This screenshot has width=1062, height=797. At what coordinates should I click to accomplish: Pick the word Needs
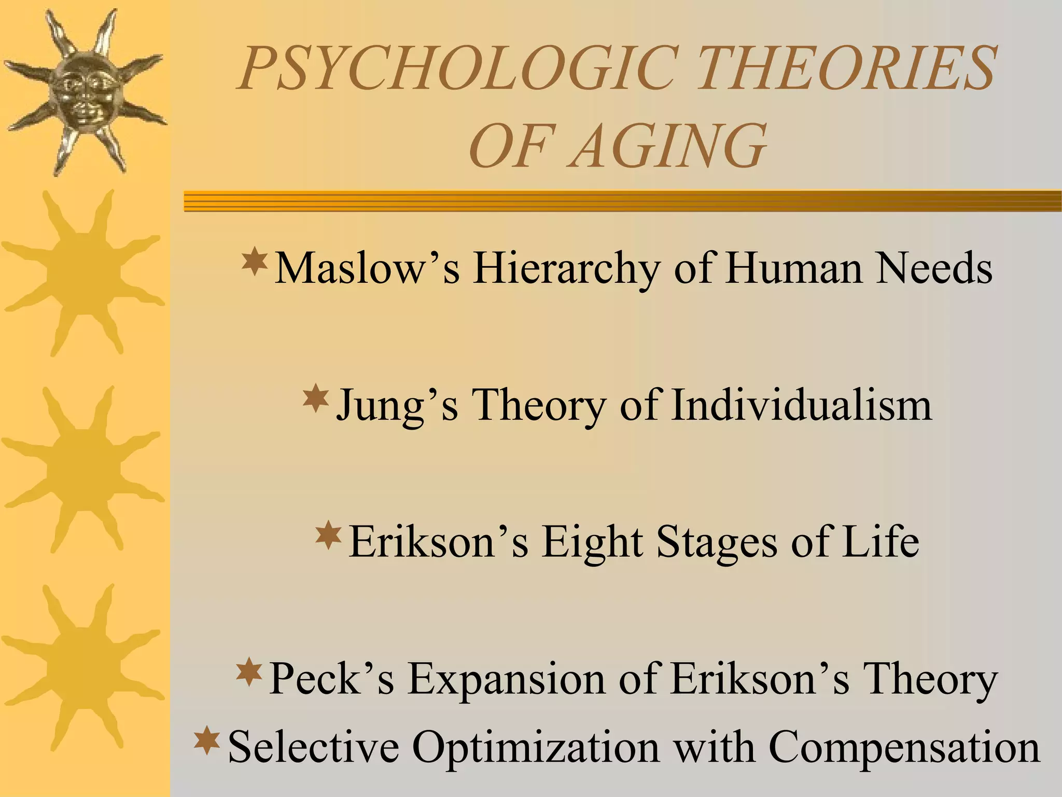click(x=934, y=268)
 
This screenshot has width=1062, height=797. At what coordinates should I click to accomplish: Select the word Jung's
click(x=397, y=405)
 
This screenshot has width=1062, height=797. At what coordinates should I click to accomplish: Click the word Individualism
click(x=801, y=405)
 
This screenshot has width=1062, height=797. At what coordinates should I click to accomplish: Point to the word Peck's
click(x=332, y=679)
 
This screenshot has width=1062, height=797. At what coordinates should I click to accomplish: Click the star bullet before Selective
click(x=207, y=740)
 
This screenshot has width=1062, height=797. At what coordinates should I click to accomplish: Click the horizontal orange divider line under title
click(x=622, y=201)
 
